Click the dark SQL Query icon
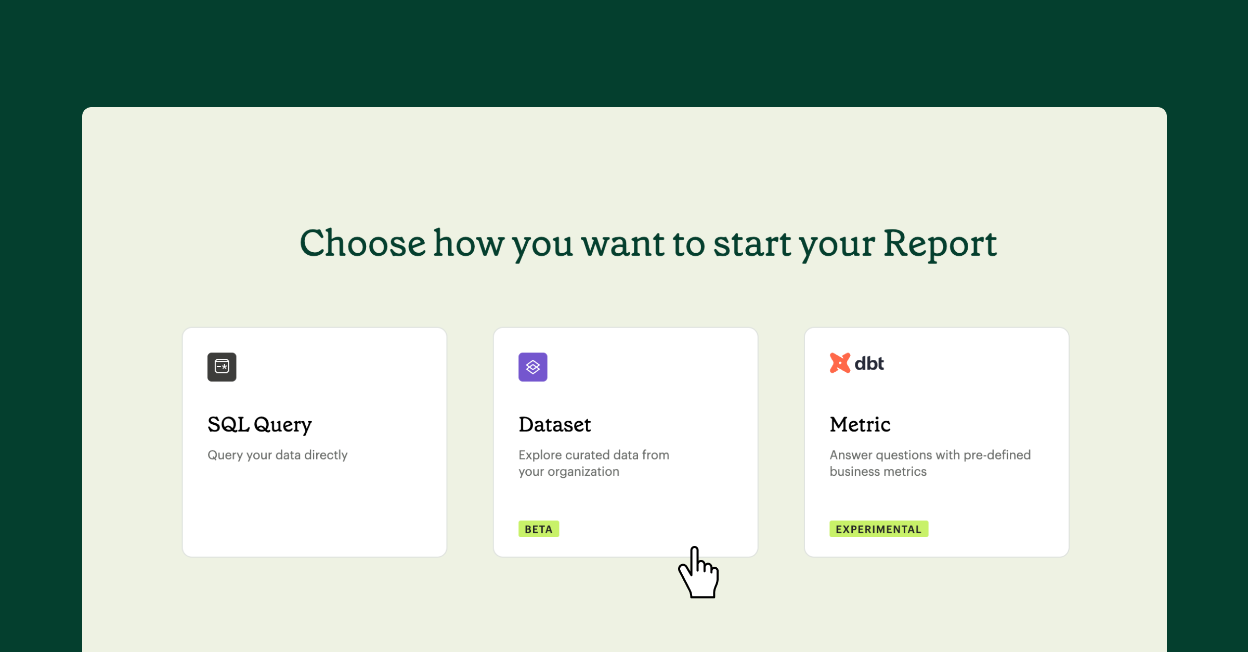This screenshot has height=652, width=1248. coord(222,367)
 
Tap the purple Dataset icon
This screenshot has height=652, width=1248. coord(532,367)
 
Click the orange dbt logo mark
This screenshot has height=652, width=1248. coord(839,363)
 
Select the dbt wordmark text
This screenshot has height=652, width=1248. coord(869,363)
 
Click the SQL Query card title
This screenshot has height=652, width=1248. coord(259,425)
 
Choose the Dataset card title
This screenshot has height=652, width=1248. coord(554,425)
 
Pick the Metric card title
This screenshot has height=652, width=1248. coord(860,425)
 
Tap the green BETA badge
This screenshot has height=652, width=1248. coord(538,529)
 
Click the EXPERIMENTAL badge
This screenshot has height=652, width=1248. coord(878,529)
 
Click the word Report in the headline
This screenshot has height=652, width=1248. coord(940,243)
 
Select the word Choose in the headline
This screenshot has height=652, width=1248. coord(362,243)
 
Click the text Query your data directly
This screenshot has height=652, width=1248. coord(277,455)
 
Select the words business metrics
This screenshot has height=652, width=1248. coord(878,472)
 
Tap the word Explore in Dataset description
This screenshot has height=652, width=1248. coord(540,455)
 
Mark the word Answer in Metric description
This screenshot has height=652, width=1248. coord(850,455)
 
